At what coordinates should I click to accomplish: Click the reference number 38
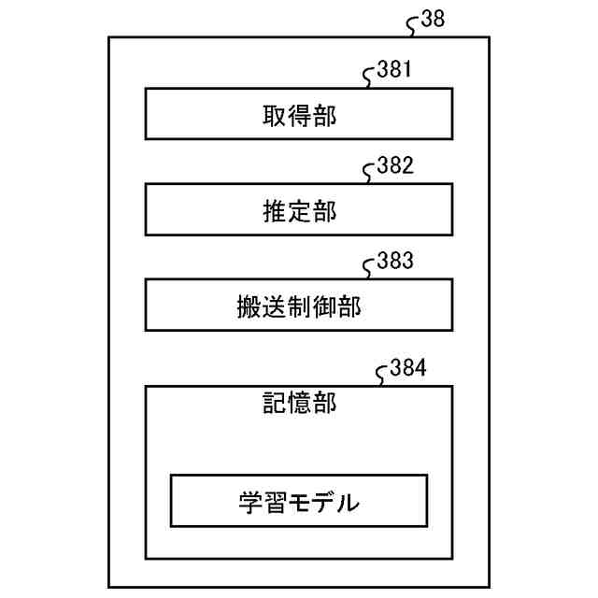(x=433, y=20)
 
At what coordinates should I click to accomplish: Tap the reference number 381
(x=394, y=70)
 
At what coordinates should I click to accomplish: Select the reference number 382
(x=394, y=166)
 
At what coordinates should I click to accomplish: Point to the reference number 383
(x=394, y=262)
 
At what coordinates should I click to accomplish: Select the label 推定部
(x=299, y=212)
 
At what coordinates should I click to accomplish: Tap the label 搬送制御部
(x=299, y=308)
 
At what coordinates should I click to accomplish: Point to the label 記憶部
(x=299, y=404)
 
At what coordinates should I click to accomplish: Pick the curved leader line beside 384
(x=383, y=376)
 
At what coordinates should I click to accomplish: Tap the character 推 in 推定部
(x=275, y=212)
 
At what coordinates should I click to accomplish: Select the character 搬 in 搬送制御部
(x=249, y=308)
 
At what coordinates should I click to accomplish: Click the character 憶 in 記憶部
(x=299, y=404)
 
